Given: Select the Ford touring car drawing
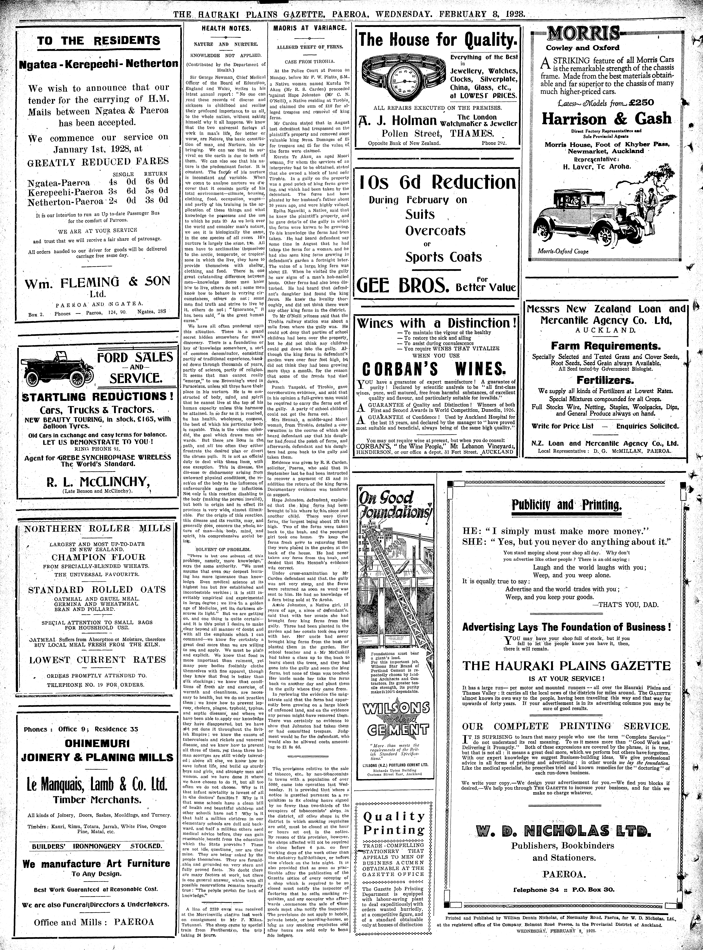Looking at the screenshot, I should click(57, 369).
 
